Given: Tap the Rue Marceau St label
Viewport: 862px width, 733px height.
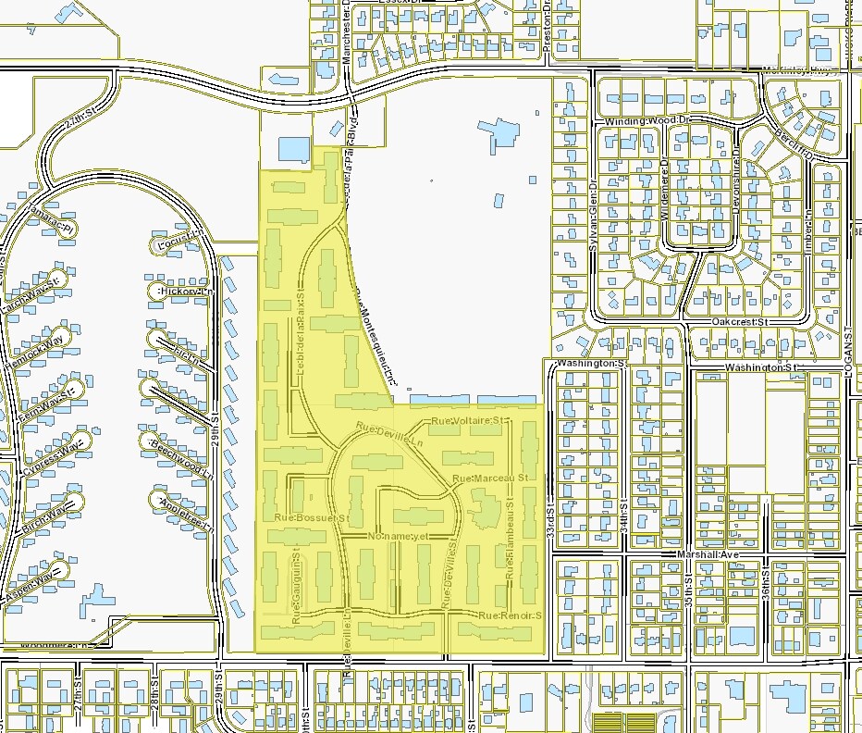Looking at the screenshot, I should click(489, 478).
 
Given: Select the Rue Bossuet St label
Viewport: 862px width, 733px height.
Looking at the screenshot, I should click(312, 517).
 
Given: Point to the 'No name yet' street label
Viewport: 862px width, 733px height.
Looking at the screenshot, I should click(400, 536).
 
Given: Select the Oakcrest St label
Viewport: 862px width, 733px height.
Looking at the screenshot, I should click(741, 321).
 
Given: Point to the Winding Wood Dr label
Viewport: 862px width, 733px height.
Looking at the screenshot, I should click(648, 121).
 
